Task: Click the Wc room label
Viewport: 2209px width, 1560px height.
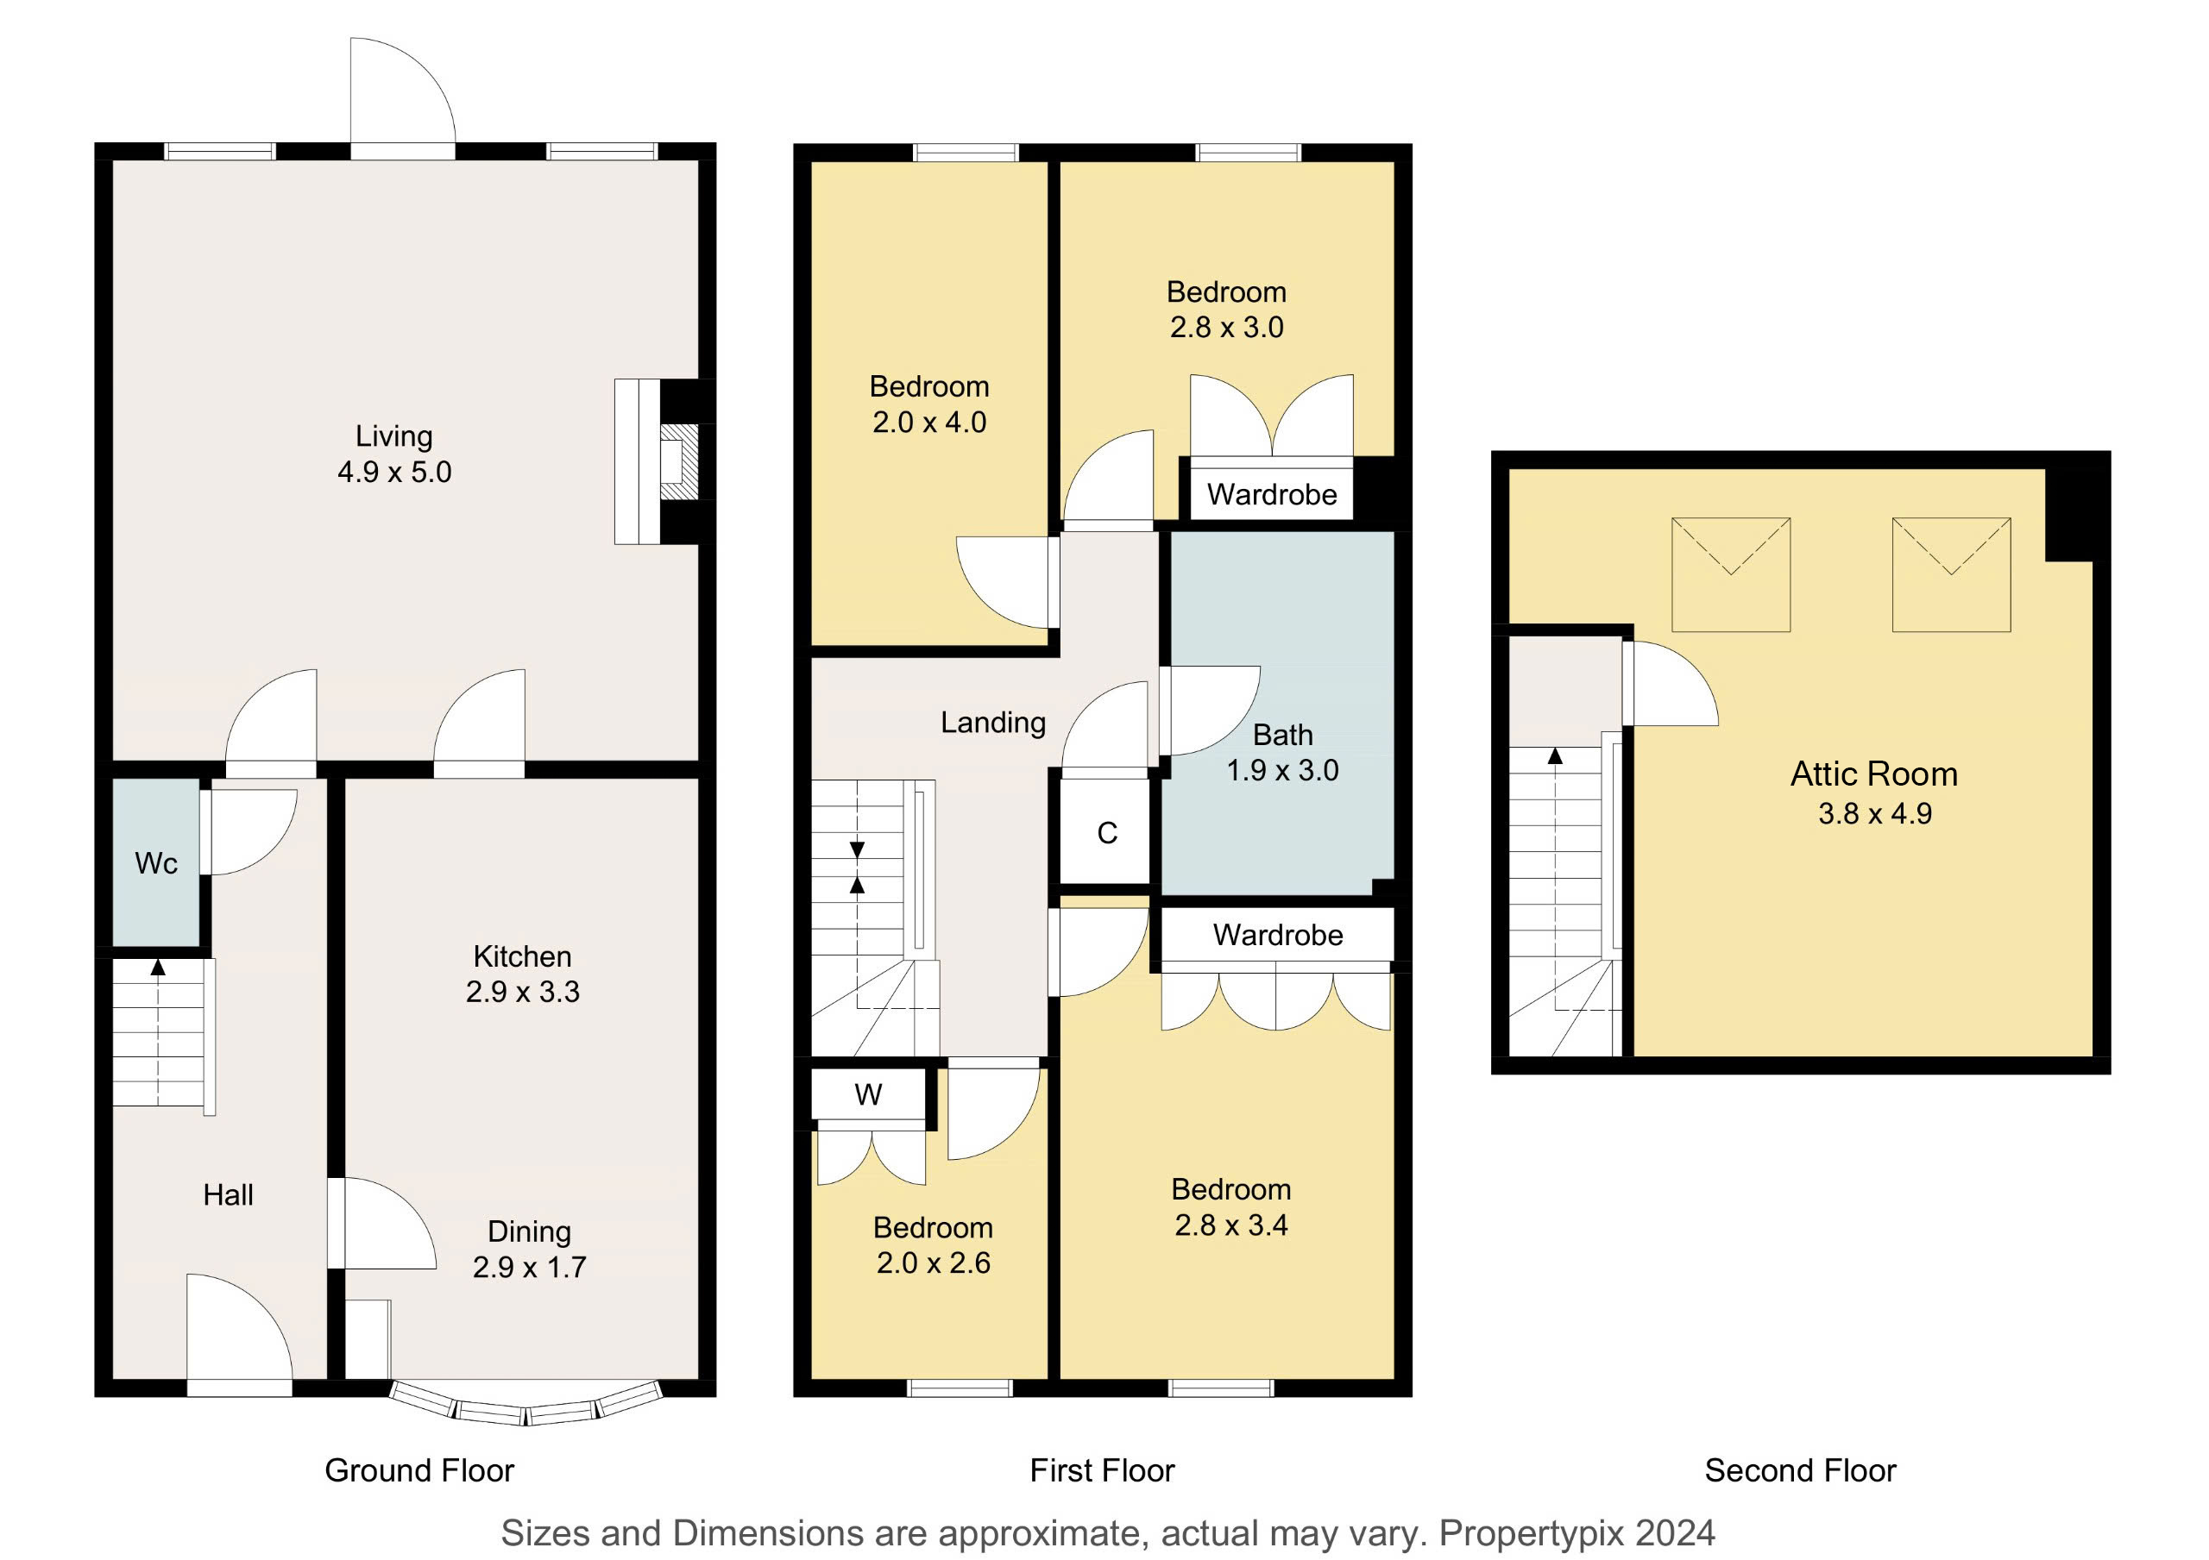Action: pos(156,862)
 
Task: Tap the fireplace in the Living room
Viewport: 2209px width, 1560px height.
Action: pos(664,461)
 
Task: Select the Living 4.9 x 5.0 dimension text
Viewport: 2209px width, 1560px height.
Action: pos(394,471)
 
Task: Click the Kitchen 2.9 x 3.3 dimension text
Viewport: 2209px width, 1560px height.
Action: pos(522,991)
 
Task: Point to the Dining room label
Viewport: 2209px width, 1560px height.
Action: pos(529,1231)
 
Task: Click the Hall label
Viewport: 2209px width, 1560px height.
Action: pos(228,1194)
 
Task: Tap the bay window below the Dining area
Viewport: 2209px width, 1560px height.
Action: pos(527,1407)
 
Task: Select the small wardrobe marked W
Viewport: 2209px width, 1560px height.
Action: pos(869,1094)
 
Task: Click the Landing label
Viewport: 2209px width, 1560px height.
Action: pos(993,723)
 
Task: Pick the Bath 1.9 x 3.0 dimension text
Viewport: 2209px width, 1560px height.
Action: pos(1282,769)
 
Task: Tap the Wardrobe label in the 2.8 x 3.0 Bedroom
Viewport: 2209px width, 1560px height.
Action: pos(1272,494)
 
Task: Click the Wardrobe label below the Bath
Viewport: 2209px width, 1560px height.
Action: pos(1278,935)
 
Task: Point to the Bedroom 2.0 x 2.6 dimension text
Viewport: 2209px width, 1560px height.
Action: pos(934,1262)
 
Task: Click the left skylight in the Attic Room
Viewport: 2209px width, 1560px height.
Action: pos(1731,574)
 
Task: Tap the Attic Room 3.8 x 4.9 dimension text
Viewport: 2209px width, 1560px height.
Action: pos(1875,814)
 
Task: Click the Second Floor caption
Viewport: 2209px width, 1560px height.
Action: pos(1800,1470)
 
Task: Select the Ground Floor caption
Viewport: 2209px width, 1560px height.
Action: pos(419,1470)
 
